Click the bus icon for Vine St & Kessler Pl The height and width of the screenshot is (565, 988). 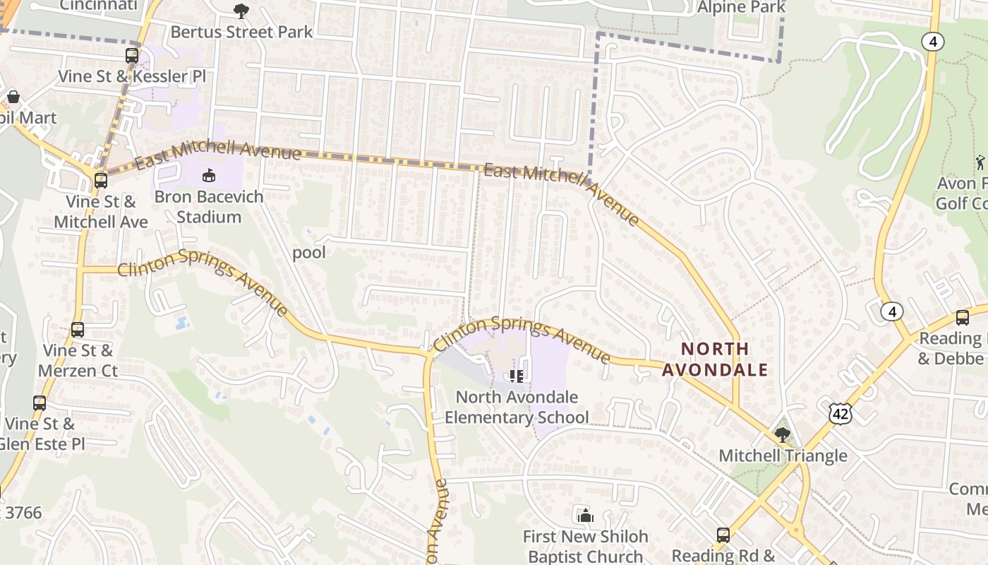coord(132,56)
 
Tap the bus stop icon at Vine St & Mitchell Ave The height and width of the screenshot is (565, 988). coord(101,180)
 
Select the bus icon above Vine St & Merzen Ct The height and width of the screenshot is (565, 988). coord(78,329)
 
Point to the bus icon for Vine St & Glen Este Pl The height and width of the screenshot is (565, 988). coord(40,403)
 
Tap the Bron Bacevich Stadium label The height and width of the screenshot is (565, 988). coord(209,206)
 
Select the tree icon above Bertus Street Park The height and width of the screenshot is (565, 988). coord(241,11)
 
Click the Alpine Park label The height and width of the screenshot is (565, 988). coord(741,8)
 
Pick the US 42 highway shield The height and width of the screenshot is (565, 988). coord(840,414)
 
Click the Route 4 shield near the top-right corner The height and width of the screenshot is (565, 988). coord(933,42)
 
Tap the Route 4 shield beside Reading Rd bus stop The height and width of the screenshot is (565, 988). coord(893,311)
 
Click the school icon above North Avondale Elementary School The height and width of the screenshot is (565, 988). coord(517,376)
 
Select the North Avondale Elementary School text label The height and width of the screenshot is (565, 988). coord(517,408)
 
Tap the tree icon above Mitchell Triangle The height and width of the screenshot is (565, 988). coord(782,434)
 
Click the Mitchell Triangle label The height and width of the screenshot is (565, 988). coord(783,456)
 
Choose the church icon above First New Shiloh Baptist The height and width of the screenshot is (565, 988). coord(585,516)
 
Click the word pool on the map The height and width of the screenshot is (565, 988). coord(309,253)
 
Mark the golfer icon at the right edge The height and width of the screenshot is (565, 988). coord(980,162)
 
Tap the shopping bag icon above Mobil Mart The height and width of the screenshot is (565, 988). coord(13,97)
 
